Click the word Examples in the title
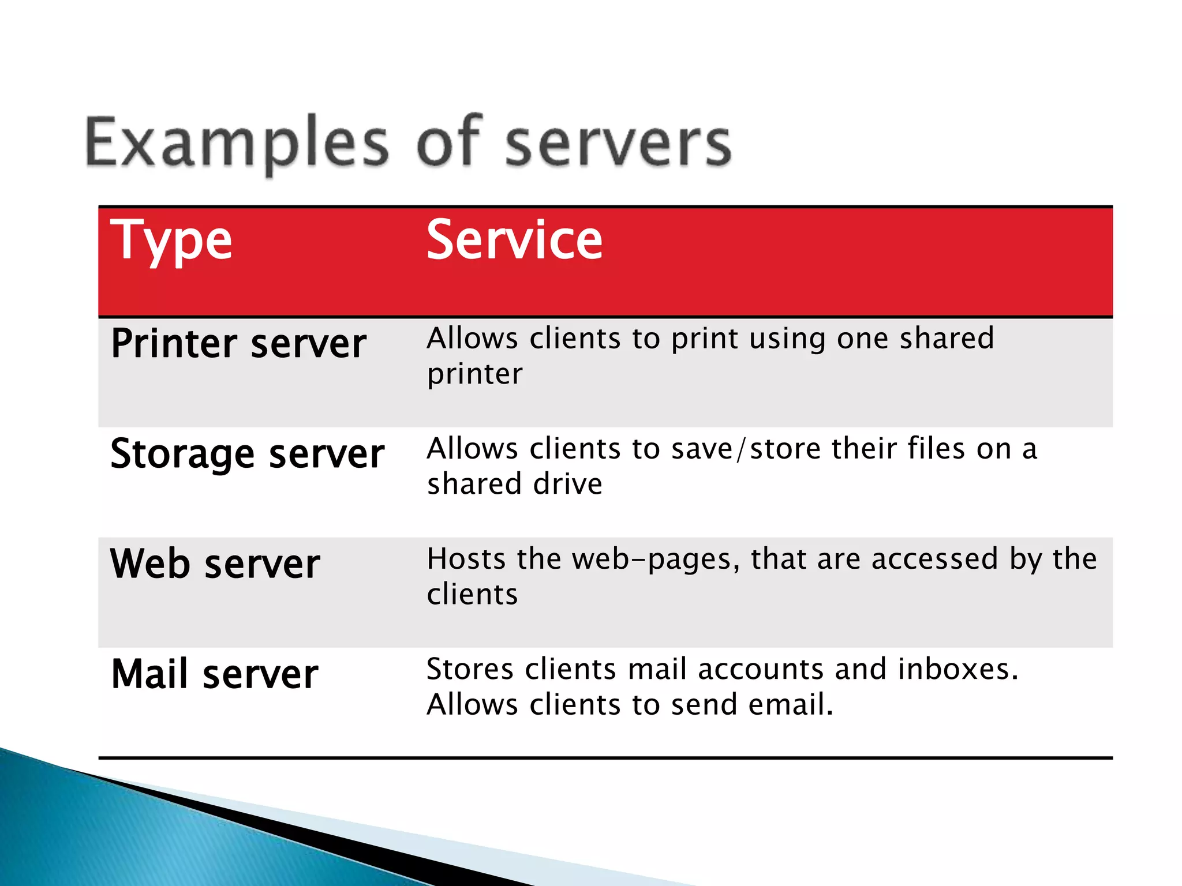237,142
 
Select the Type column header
171,241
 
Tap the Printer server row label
238,344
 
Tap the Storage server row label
247,454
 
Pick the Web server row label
215,564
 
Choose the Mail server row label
215,674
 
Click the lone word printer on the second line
474,374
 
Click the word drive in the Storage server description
568,484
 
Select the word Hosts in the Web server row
466,559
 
